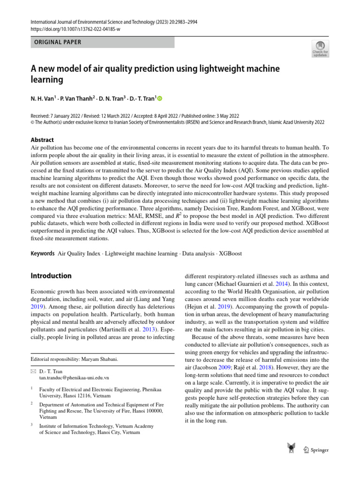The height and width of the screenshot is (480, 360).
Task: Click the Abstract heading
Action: pos(42,140)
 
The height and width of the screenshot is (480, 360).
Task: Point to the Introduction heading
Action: pos(51,276)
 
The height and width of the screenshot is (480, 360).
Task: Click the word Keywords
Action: pos(43,253)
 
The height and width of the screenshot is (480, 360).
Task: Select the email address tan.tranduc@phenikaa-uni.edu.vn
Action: pos(74,377)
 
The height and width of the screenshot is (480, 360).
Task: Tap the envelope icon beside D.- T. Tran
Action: pos(33,371)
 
